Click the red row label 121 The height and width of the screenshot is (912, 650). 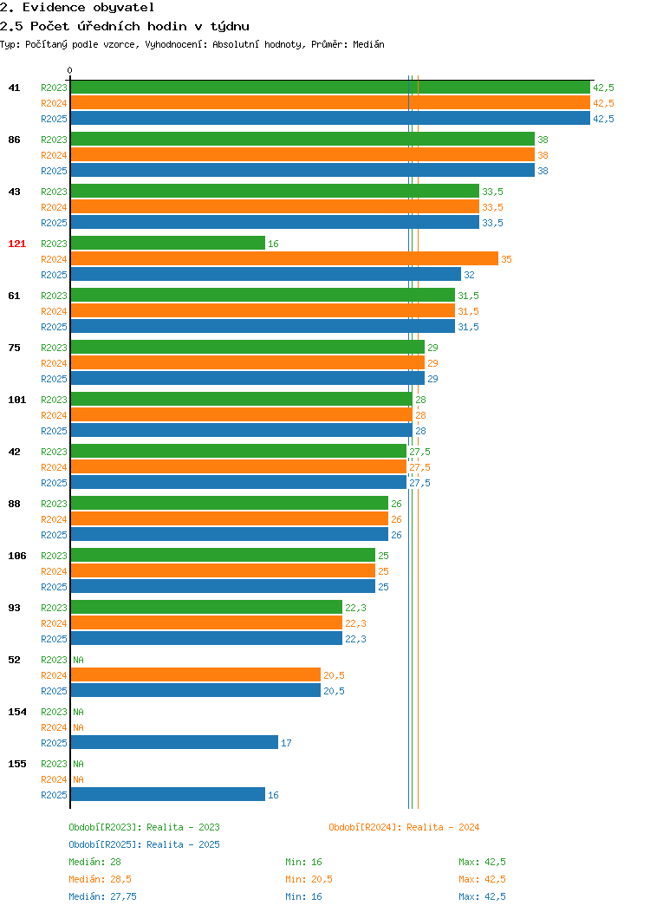(16, 244)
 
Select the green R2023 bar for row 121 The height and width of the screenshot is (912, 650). (168, 243)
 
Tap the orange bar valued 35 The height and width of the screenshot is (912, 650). (284, 259)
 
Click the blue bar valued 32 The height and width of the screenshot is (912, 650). (266, 275)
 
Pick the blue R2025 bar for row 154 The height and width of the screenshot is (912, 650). (174, 743)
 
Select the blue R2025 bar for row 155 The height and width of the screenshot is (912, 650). (168, 794)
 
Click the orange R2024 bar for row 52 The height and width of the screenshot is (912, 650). (195, 674)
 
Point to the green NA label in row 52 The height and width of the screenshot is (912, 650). (79, 660)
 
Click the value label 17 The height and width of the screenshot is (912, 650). (286, 743)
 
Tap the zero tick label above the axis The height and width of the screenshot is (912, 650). (70, 70)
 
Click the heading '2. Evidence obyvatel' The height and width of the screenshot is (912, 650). (77, 8)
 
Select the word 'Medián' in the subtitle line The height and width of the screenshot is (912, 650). (368, 44)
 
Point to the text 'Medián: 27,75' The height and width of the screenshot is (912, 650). (103, 896)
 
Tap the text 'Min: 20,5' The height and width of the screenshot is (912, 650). (309, 879)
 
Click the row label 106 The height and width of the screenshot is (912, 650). (16, 556)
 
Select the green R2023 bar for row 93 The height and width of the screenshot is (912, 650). (206, 607)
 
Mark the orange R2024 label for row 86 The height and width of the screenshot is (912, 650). (54, 155)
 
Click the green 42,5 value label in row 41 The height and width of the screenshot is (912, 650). (603, 88)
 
